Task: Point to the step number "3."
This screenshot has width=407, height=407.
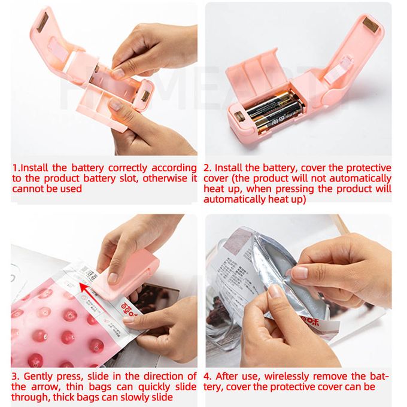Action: click(x=16, y=376)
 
